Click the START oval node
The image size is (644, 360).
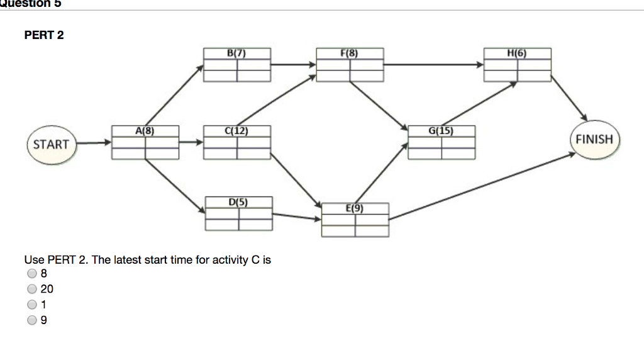pyautogui.click(x=51, y=144)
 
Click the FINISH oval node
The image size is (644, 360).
pyautogui.click(x=594, y=139)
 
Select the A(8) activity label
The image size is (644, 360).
pyautogui.click(x=145, y=131)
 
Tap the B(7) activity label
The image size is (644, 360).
pyautogui.click(x=237, y=53)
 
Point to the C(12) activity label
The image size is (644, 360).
pyautogui.click(x=237, y=131)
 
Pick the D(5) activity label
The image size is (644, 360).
pyautogui.click(x=238, y=202)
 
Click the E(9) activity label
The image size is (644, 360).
pyautogui.click(x=355, y=208)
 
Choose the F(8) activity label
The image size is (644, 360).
pyautogui.click(x=350, y=53)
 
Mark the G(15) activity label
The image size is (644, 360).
pyautogui.click(x=441, y=131)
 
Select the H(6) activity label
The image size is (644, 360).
pyautogui.click(x=517, y=53)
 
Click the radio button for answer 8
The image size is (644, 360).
pyautogui.click(x=31, y=274)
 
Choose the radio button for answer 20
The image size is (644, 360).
pyautogui.click(x=31, y=289)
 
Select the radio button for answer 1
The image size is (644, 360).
pyautogui.click(x=31, y=305)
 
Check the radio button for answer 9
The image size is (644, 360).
pyautogui.click(x=31, y=320)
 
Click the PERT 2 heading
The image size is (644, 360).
pyautogui.click(x=44, y=35)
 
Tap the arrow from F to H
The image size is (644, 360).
pyautogui.click(x=434, y=64)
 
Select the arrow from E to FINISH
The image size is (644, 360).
pyautogui.click(x=481, y=186)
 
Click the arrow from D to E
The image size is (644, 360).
pyautogui.click(x=296, y=217)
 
